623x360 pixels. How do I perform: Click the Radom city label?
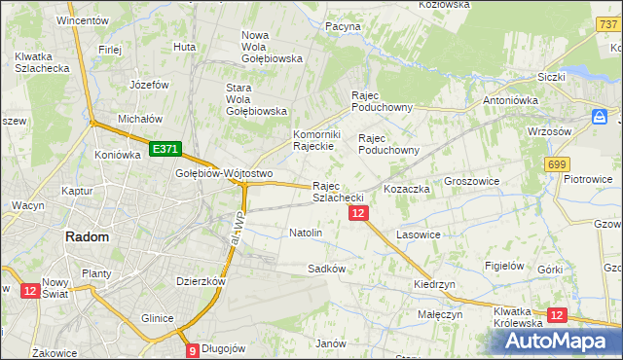[86, 236]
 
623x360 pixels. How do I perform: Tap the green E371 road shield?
[165, 149]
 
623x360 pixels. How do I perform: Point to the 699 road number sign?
[557, 165]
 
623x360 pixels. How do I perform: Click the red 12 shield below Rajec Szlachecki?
[358, 213]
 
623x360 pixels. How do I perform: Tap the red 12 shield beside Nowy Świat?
[28, 290]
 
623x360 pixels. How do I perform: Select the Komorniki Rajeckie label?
[314, 140]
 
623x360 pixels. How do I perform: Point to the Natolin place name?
[306, 234]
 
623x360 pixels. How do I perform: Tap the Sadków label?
[326, 268]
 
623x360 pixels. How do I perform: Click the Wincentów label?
[82, 19]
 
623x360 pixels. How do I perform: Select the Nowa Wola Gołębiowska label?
[272, 47]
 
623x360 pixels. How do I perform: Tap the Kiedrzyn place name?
[434, 284]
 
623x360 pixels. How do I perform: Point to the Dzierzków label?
[201, 280]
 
